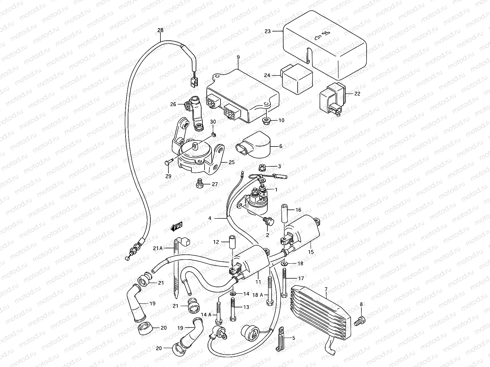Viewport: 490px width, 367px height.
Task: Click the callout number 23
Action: (x=267, y=31)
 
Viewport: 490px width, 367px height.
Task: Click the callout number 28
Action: (x=160, y=30)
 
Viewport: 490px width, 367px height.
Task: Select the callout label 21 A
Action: (x=157, y=248)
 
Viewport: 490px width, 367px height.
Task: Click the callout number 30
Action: (x=213, y=121)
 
